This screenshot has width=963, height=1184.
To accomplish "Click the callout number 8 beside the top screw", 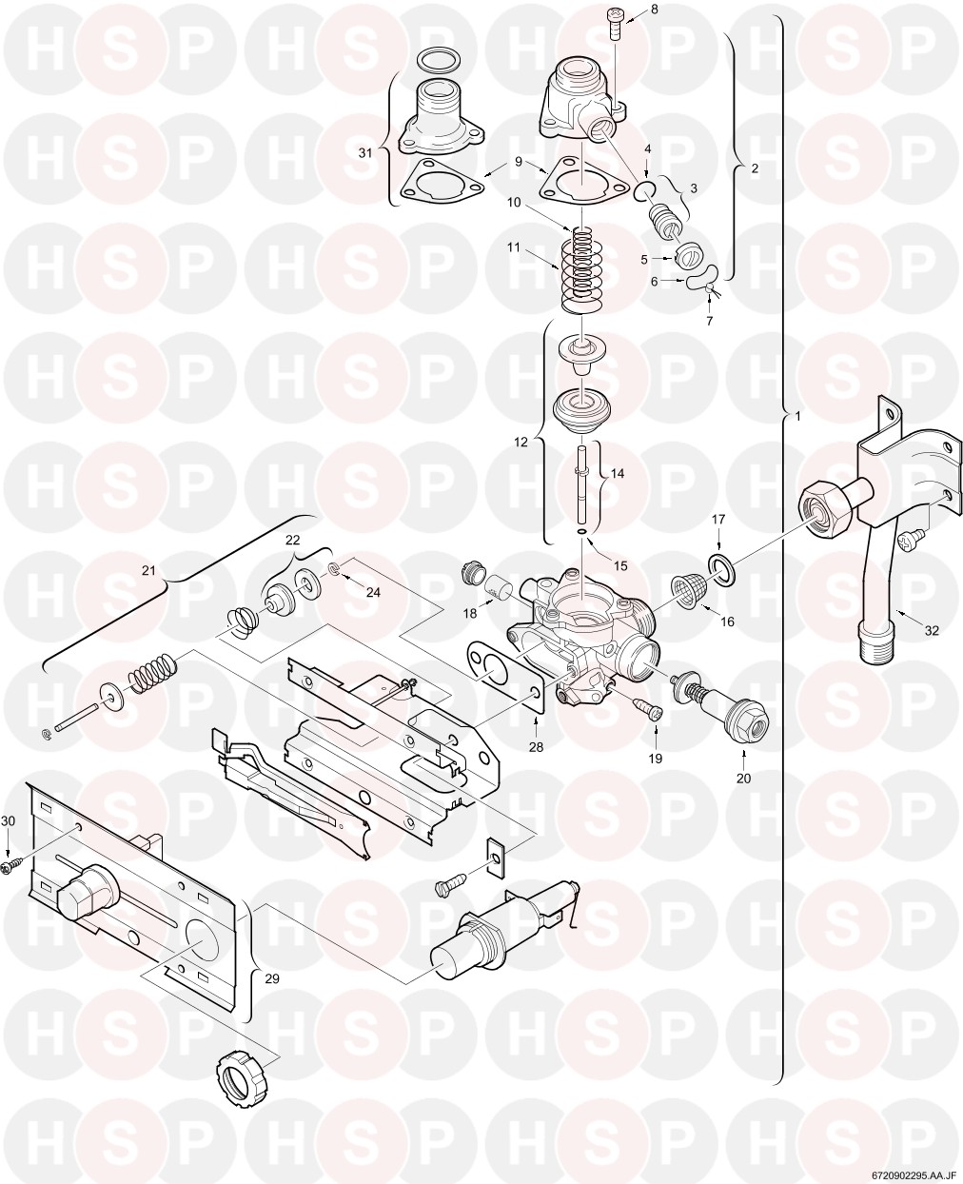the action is click(654, 10).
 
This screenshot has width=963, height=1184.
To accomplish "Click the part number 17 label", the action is click(718, 520).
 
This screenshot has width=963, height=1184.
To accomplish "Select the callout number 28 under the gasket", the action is click(536, 747).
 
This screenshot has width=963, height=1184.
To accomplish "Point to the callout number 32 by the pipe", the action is click(932, 630).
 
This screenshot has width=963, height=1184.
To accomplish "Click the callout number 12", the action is click(521, 442).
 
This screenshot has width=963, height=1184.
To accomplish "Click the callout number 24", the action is click(373, 593).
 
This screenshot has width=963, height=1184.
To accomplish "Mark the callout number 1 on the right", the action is click(797, 415).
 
